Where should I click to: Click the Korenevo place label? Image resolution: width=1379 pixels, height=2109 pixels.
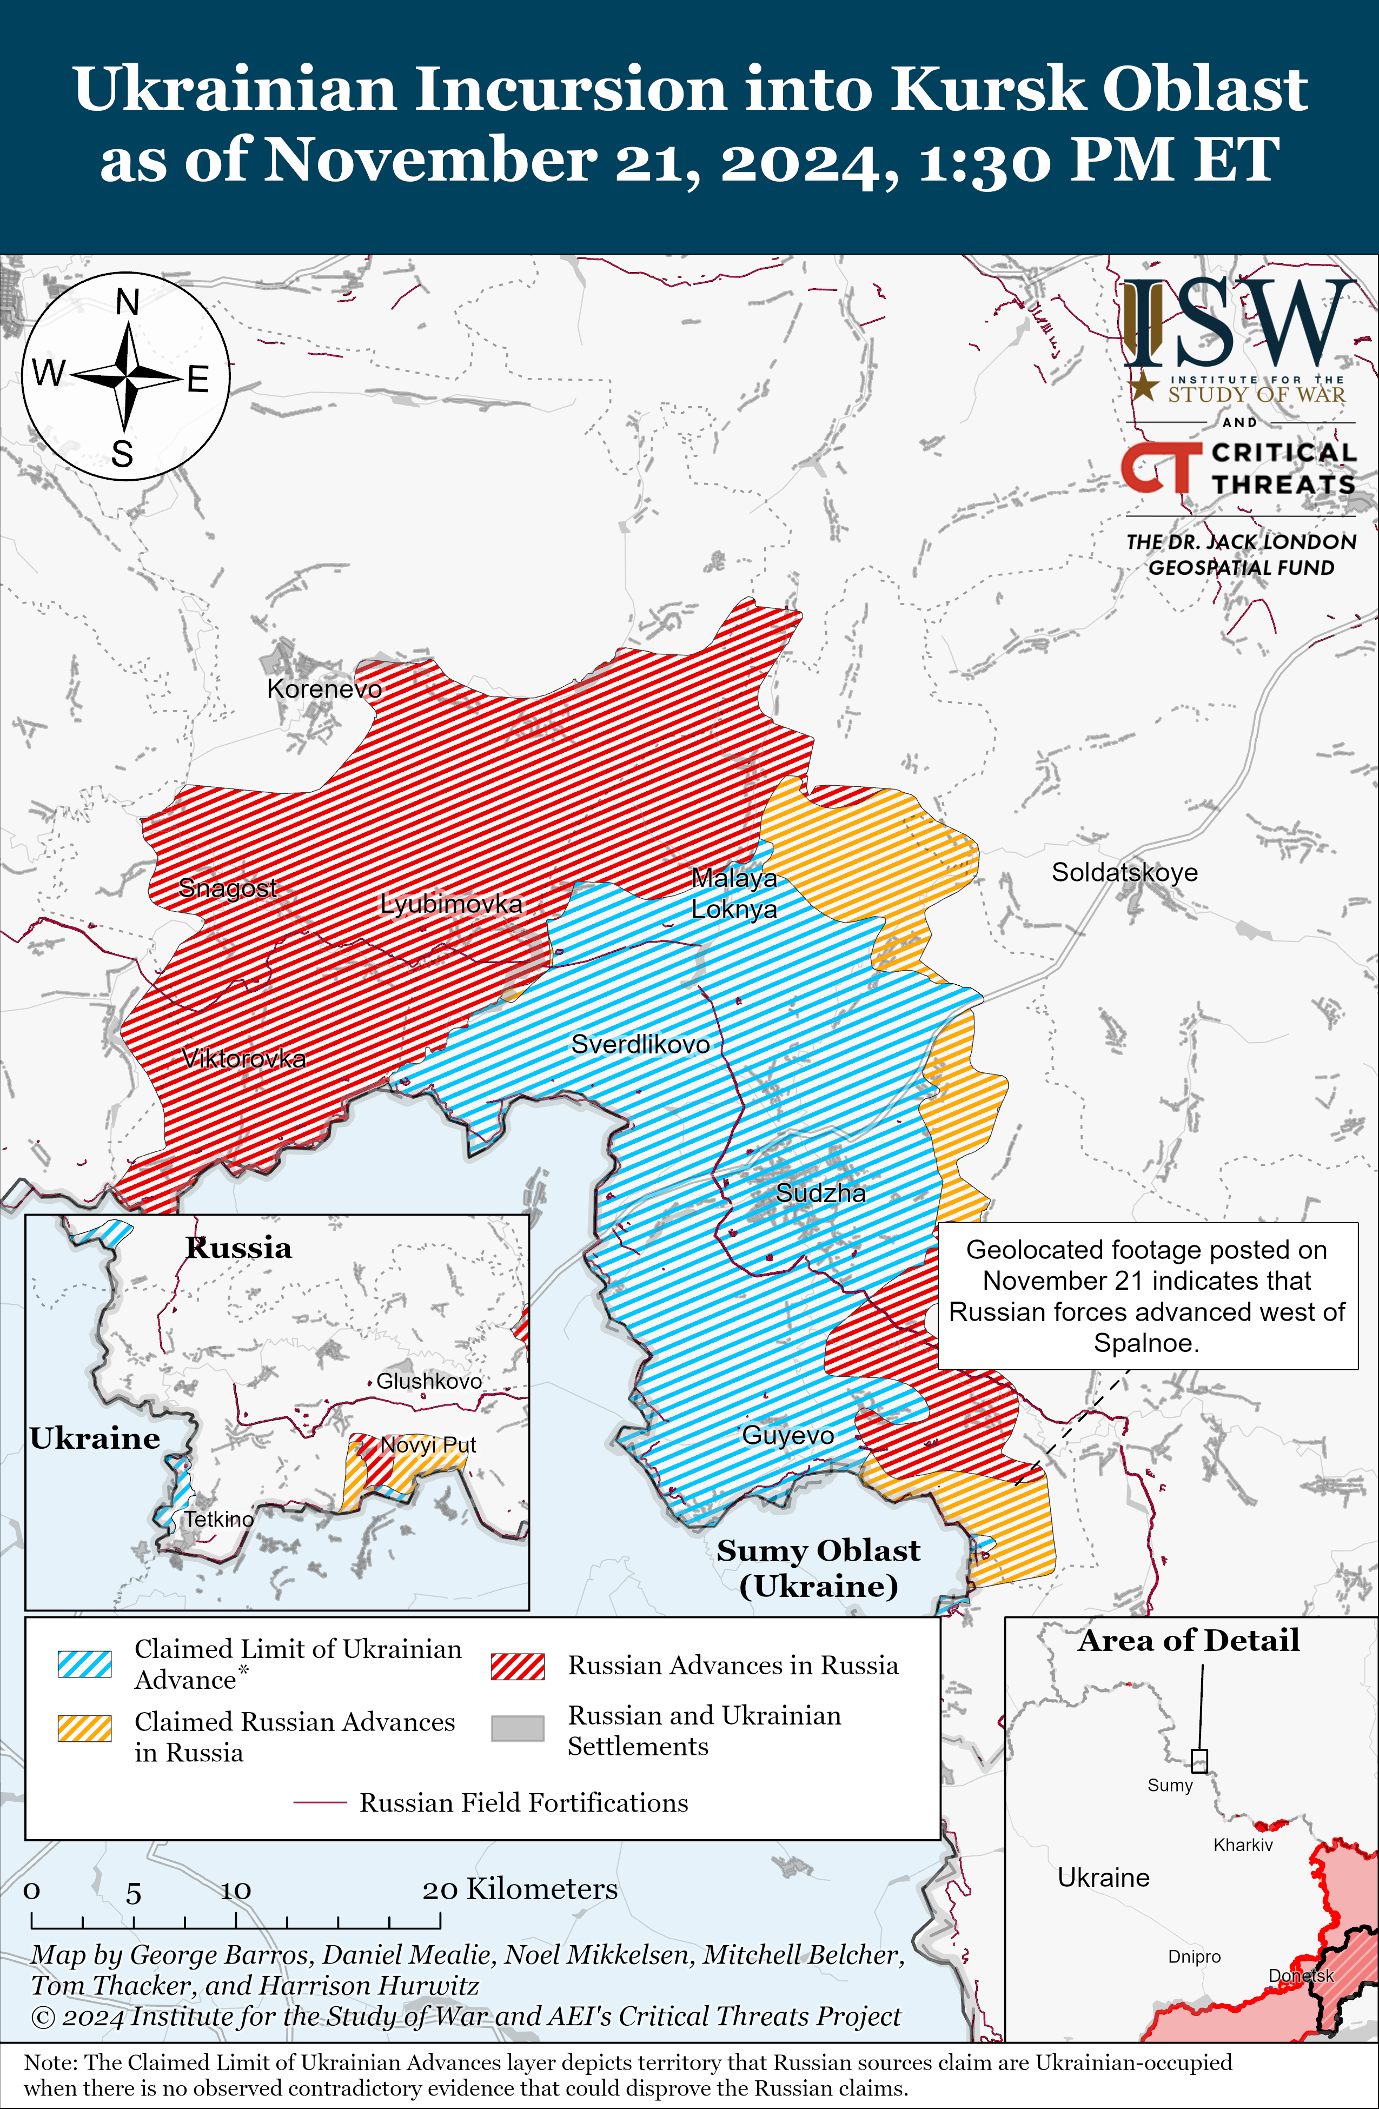[324, 688]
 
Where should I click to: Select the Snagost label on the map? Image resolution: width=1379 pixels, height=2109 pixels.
[228, 887]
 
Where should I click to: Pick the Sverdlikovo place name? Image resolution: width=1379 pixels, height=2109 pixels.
[640, 1044]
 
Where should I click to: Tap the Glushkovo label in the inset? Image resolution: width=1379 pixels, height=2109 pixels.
[429, 1381]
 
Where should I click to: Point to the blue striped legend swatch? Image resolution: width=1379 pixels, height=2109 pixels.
[84, 1664]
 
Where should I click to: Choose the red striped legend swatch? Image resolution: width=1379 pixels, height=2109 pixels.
[518, 1666]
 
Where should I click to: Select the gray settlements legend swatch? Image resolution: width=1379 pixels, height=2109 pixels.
[518, 1728]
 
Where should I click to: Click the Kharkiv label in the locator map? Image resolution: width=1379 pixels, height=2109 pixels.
[1243, 1845]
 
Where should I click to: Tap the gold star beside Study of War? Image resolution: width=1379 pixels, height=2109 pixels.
[1144, 386]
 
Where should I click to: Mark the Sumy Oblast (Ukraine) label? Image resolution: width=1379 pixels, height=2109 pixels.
[818, 1567]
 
